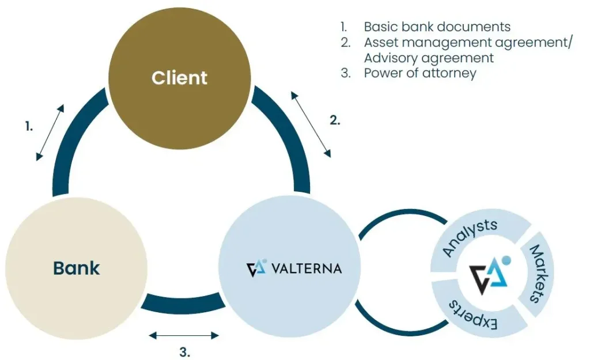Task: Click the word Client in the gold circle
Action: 179,78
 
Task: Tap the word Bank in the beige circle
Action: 76,268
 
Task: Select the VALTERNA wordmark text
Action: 305,268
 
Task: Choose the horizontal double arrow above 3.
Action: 184,335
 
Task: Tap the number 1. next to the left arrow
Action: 29,127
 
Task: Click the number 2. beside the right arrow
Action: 335,120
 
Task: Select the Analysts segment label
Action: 469,237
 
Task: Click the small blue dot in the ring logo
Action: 505,260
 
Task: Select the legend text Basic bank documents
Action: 437,26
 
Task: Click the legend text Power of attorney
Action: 420,73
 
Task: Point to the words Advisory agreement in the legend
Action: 429,58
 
